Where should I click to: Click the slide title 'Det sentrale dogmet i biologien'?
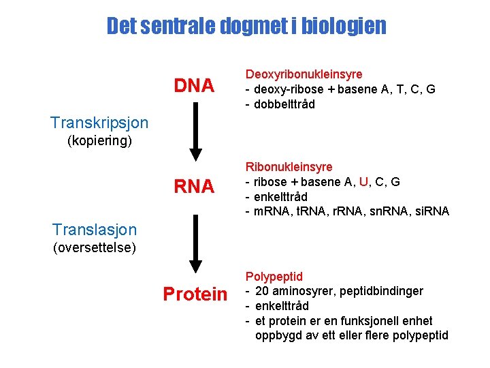point(246,27)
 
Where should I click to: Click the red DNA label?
point(194,86)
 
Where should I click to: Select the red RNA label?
point(194,186)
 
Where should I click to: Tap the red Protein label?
point(195,294)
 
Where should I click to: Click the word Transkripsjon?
point(99,123)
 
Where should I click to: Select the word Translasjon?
point(95,230)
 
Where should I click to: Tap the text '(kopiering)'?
point(99,142)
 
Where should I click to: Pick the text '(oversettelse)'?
point(95,247)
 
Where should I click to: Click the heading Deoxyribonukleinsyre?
point(304,74)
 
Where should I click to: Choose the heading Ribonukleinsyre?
point(289,167)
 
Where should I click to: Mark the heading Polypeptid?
point(274,277)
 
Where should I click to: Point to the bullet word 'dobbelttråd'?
point(285,104)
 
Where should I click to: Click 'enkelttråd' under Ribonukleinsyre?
point(282,197)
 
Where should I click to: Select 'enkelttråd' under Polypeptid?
point(282,306)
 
